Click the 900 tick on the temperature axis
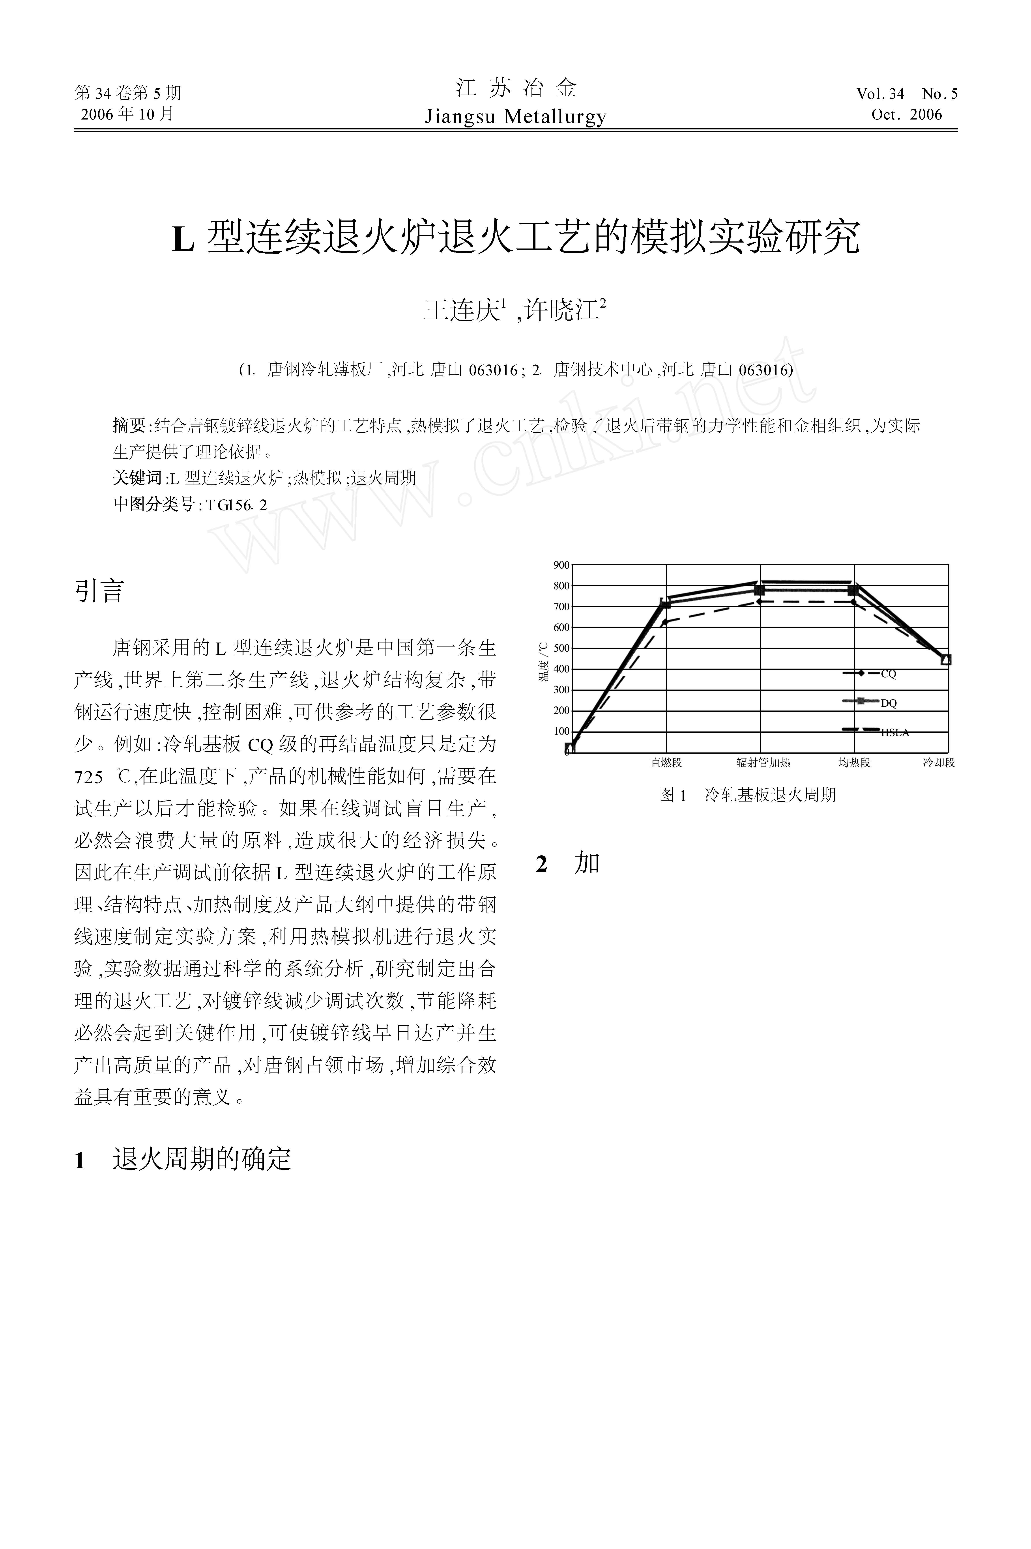click(x=561, y=565)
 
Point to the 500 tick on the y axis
click(x=561, y=648)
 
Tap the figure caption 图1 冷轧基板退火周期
click(x=748, y=795)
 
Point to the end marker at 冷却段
click(x=946, y=660)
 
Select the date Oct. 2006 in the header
click(x=907, y=114)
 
